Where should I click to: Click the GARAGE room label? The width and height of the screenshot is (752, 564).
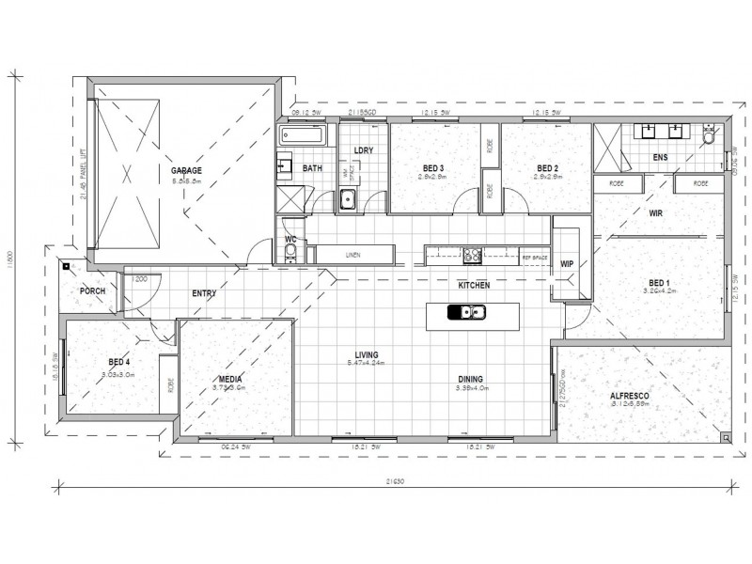click(x=186, y=170)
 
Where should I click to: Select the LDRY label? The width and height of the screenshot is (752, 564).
click(x=363, y=150)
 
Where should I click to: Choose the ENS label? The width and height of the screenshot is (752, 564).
click(x=662, y=158)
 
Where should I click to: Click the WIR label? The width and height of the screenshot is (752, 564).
click(x=657, y=213)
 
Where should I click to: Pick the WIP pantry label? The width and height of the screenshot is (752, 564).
click(x=567, y=264)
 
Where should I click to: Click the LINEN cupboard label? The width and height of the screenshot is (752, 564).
click(x=352, y=254)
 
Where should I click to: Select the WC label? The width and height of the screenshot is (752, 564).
click(x=290, y=240)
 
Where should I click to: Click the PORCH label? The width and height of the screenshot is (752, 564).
click(x=92, y=290)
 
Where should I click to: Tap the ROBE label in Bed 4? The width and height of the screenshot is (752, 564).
click(x=171, y=384)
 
